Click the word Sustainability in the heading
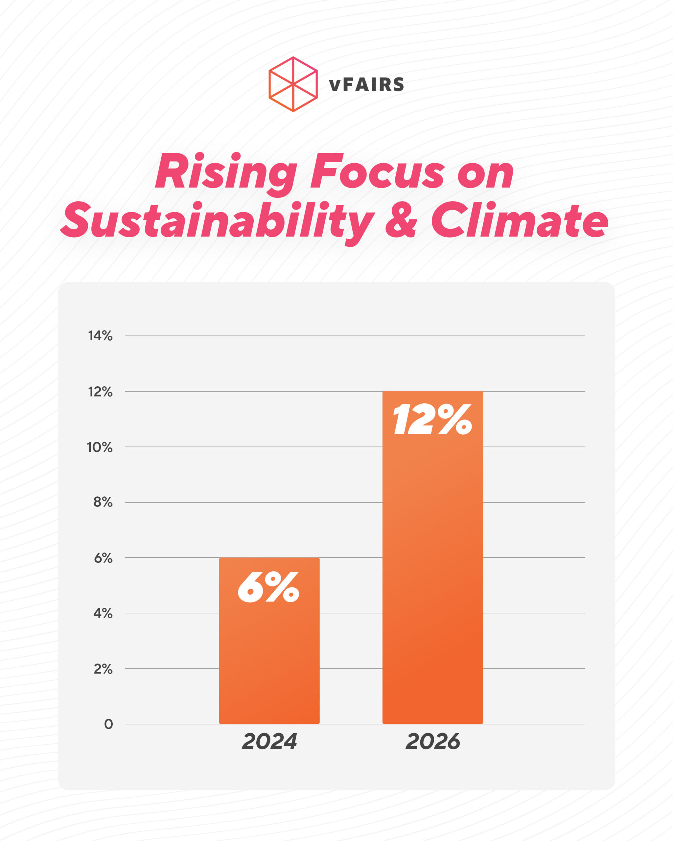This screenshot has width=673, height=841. (217, 221)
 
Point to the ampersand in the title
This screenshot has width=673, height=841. (401, 221)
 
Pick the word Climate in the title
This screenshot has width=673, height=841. (519, 221)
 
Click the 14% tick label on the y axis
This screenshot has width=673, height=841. (100, 336)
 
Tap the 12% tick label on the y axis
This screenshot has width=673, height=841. (100, 392)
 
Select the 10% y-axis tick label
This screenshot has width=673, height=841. (100, 447)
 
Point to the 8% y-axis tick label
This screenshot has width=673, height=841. (103, 502)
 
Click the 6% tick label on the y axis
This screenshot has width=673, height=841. (103, 558)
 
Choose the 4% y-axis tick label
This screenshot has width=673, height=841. (103, 614)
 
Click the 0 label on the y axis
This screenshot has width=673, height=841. (108, 724)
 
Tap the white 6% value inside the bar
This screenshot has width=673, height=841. (268, 587)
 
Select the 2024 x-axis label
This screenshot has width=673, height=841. (269, 741)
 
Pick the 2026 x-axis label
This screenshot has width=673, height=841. (433, 741)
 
